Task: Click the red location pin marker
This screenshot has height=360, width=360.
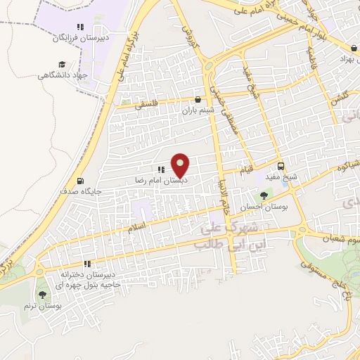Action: tap(181, 166)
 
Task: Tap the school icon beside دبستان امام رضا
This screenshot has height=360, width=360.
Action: tap(161, 169)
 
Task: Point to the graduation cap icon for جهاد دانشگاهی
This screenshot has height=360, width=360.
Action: tap(62, 65)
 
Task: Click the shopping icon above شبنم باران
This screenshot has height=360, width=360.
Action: tap(198, 100)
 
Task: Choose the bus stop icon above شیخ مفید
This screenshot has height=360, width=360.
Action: tap(281, 167)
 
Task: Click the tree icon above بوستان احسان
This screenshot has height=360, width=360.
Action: tap(264, 196)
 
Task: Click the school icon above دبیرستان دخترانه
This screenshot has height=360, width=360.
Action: tap(87, 264)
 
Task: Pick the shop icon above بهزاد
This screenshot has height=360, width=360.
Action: tap(353, 48)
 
